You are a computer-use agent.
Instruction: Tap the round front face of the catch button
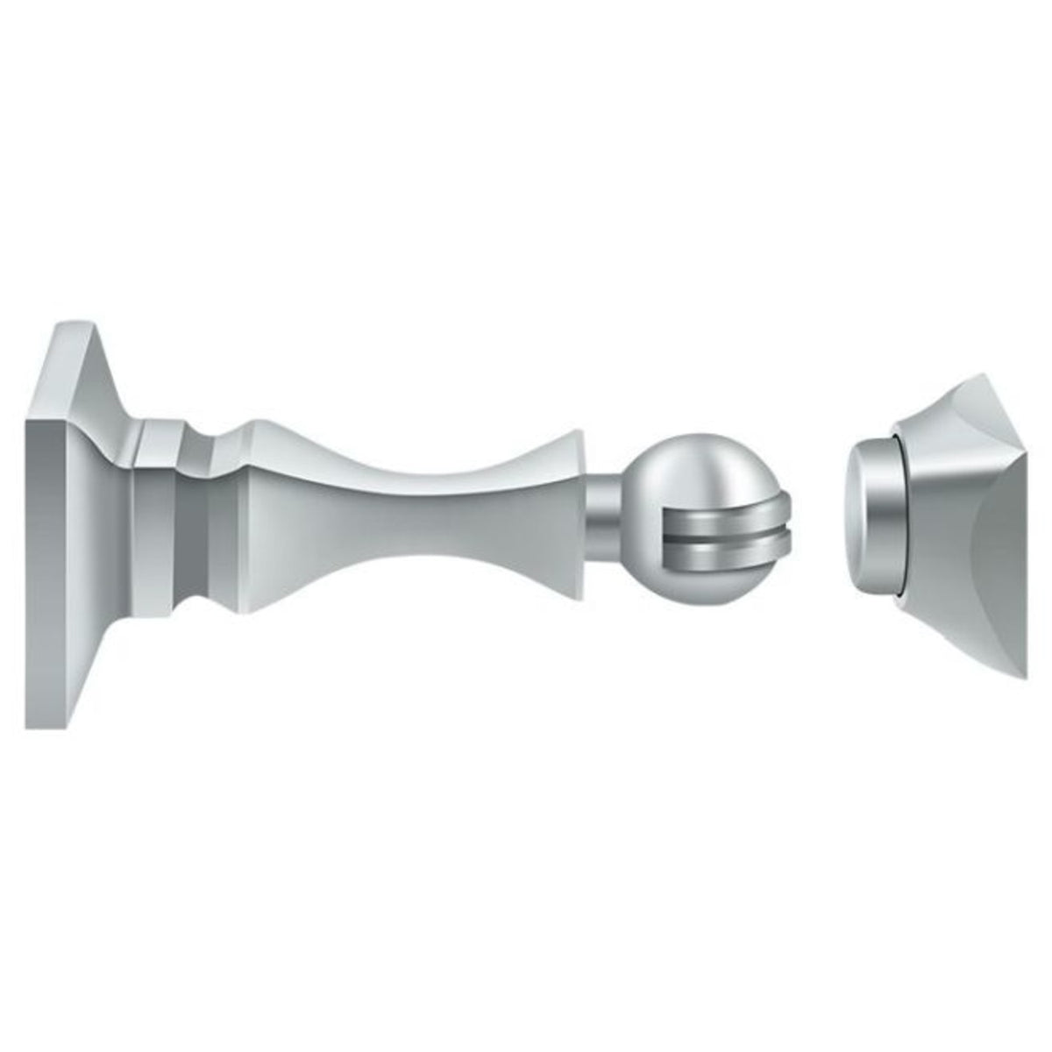pos(868,517)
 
